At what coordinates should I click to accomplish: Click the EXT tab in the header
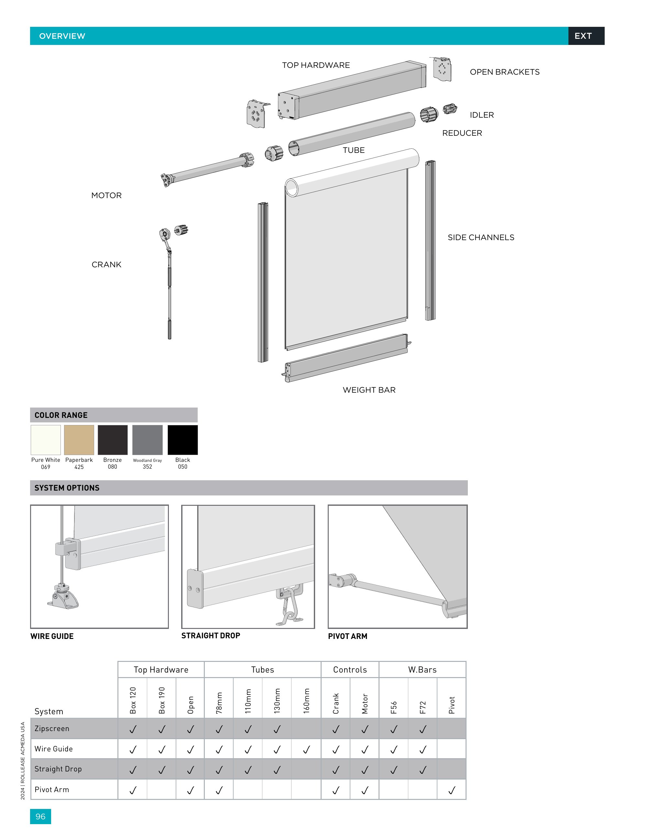coord(583,36)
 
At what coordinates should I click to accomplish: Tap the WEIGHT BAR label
coord(369,390)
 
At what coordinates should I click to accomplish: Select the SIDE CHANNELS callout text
coord(480,238)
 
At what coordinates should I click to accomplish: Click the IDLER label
coord(481,115)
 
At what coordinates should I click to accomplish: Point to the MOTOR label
coord(106,195)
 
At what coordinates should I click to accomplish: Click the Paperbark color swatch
coord(79,440)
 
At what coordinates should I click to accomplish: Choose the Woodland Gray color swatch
coord(147,440)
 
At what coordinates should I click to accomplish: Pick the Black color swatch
coord(182,440)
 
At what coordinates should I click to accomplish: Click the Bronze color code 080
coord(112,467)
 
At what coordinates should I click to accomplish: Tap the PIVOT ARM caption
coord(347,636)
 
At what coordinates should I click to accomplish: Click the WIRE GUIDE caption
coord(52,636)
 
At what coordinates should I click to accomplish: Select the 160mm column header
coord(306,701)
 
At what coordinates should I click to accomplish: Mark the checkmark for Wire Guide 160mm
coord(306,749)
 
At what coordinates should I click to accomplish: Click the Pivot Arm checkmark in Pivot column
coord(452,790)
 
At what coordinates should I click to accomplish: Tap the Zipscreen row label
coord(52,728)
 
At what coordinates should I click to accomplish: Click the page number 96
coord(40,816)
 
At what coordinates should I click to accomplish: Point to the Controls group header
coord(350,670)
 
